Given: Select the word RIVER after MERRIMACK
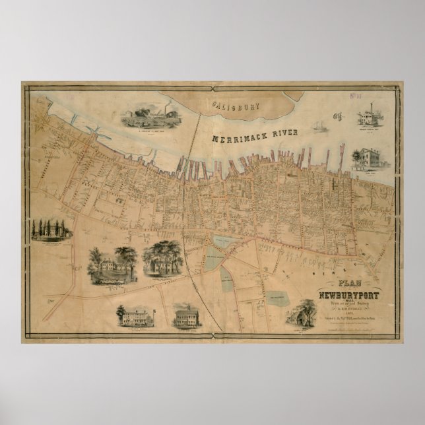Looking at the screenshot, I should (287, 133).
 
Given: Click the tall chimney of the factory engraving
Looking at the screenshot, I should (373, 108).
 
